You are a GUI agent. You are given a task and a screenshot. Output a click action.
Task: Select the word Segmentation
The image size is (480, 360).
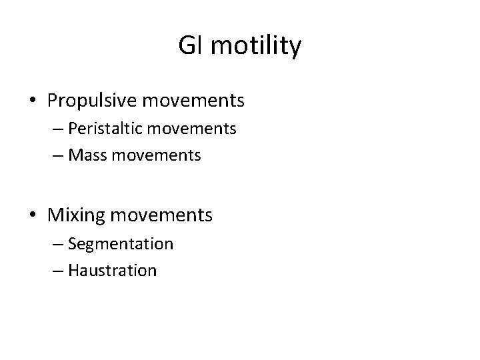click(x=120, y=244)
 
